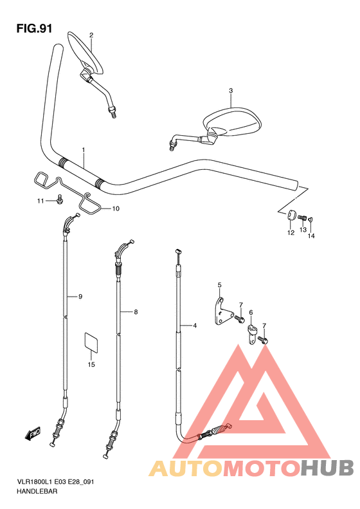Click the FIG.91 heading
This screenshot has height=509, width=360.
click(34, 28)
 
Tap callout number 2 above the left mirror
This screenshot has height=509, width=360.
click(91, 35)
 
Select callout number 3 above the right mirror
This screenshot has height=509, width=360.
click(231, 91)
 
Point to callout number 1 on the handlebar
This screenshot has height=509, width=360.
click(84, 150)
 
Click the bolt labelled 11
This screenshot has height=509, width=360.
click(60, 199)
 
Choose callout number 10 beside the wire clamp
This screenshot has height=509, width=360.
click(116, 208)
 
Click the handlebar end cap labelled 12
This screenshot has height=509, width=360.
click(291, 216)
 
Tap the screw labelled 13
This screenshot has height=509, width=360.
click(302, 217)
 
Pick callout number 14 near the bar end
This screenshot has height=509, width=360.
click(311, 236)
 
